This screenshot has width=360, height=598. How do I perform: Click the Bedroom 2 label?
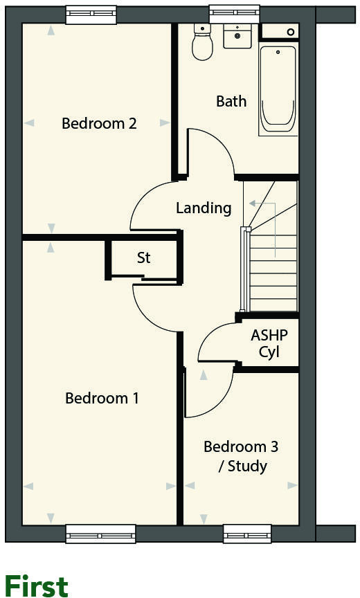click(x=99, y=124)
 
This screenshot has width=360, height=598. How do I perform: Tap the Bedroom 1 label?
click(x=102, y=399)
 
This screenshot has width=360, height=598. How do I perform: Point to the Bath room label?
click(x=231, y=101)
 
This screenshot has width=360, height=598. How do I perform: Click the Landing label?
click(x=204, y=208)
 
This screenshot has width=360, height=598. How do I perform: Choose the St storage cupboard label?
click(x=143, y=258)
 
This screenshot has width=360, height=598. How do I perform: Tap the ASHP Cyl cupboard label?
click(x=269, y=343)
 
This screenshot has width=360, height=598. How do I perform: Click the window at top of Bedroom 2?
click(x=91, y=13)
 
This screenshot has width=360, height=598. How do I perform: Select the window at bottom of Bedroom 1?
click(x=100, y=534)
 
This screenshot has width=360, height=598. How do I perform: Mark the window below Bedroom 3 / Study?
click(x=246, y=534)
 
